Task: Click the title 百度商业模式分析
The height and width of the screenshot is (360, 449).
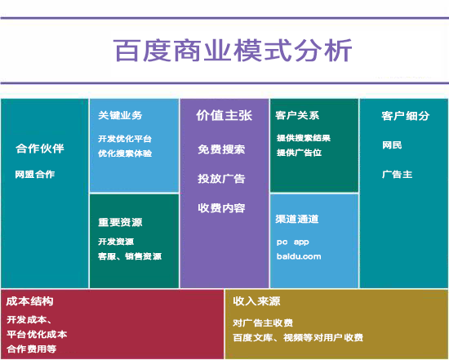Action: [233, 51]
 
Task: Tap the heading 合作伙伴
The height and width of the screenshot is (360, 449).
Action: [40, 149]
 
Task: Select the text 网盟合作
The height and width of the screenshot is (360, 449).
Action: [35, 174]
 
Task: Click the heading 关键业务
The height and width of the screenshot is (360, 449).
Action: [120, 115]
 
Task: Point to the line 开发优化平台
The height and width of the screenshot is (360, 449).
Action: [125, 139]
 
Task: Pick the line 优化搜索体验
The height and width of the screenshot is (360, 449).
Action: [125, 153]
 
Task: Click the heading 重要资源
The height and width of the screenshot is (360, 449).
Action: [120, 222]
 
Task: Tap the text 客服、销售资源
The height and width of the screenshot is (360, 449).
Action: [130, 256]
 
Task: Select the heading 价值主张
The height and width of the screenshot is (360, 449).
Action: [224, 115]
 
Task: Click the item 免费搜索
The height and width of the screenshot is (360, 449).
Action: [221, 149]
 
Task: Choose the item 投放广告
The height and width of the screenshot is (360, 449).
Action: [221, 179]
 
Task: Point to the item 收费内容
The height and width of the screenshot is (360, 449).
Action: [221, 208]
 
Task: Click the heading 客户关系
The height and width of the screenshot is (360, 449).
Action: [297, 115]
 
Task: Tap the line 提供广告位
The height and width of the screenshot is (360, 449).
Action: [300, 153]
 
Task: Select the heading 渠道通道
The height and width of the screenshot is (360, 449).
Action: [297, 219]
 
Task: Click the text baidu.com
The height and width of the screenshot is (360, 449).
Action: [299, 256]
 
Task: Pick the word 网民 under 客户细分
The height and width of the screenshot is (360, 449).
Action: [392, 145]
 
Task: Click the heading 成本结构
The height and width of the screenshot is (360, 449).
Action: [29, 301]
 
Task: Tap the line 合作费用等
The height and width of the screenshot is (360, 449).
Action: [32, 349]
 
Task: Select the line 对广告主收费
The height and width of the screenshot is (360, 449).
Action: [263, 323]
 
